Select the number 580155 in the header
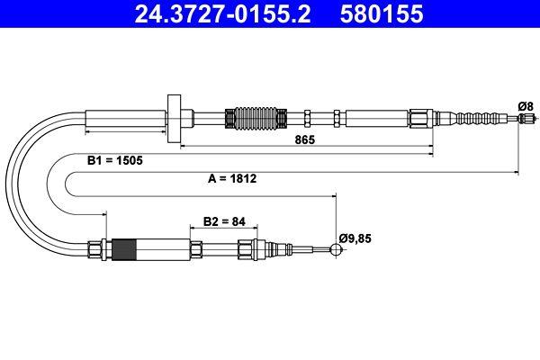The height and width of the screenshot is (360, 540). (381, 14)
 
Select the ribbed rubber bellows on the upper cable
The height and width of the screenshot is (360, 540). (247, 118)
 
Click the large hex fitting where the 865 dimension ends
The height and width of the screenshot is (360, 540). (421, 118)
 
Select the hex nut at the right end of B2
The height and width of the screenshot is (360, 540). (246, 248)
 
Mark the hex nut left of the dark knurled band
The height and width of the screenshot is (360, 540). (96, 247)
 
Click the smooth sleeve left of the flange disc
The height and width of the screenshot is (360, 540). (125, 118)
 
